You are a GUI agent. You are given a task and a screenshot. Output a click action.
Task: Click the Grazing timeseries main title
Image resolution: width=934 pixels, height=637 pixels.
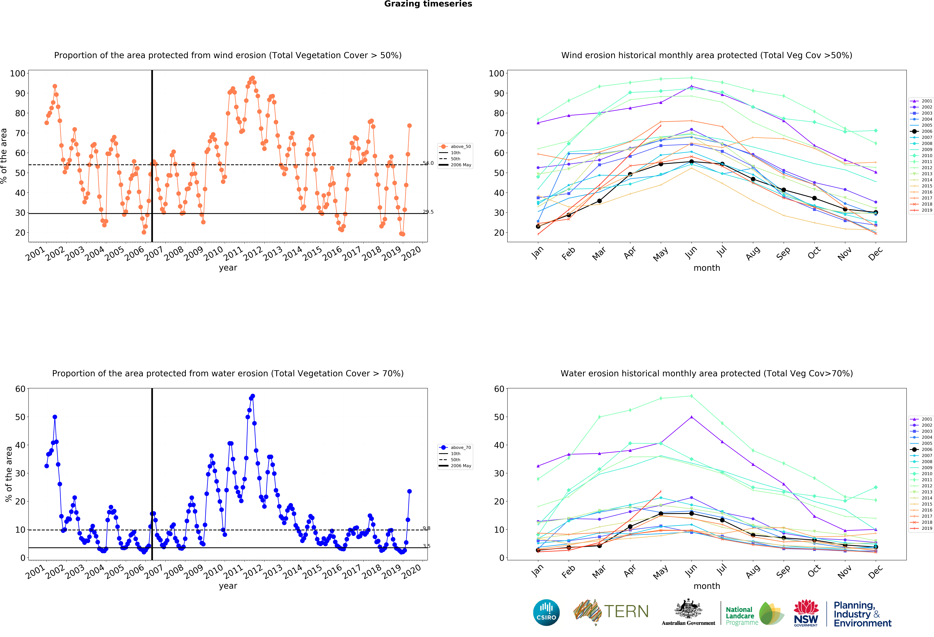coord(428,4)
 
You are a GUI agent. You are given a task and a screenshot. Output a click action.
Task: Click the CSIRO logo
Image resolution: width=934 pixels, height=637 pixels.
coord(546,612)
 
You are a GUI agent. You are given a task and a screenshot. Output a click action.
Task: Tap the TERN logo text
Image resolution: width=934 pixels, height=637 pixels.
coord(626,611)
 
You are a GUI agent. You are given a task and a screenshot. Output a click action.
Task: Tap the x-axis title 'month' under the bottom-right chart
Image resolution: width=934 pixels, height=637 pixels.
coord(707,586)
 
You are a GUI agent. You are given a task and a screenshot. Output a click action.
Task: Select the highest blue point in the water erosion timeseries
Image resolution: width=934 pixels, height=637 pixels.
coord(252,396)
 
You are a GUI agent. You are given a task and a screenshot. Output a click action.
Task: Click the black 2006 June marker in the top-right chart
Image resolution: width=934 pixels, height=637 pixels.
coord(691,162)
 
